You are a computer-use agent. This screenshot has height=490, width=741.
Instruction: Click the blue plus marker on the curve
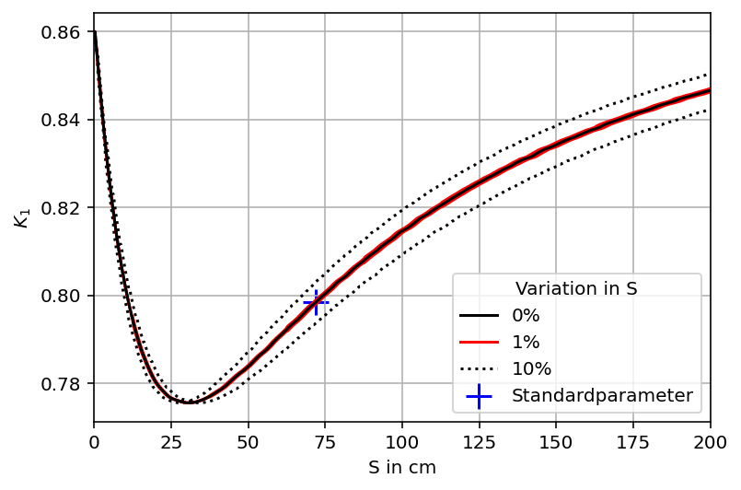[x=316, y=302]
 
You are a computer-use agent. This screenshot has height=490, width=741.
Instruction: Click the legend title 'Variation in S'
[x=576, y=288]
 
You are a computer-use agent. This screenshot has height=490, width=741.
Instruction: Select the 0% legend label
[x=526, y=316]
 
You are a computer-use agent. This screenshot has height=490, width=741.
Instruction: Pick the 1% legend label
[x=526, y=343]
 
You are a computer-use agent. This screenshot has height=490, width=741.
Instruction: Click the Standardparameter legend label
[x=602, y=396]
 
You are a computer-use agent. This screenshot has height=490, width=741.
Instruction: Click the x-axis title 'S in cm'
[x=402, y=468]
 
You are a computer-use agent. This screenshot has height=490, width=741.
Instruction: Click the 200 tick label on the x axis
[x=710, y=442]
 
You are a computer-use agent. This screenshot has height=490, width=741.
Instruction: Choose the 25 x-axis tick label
[x=170, y=442]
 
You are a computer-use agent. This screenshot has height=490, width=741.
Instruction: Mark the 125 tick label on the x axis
[x=479, y=442]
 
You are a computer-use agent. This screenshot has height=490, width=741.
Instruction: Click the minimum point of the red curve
[x=188, y=402]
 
